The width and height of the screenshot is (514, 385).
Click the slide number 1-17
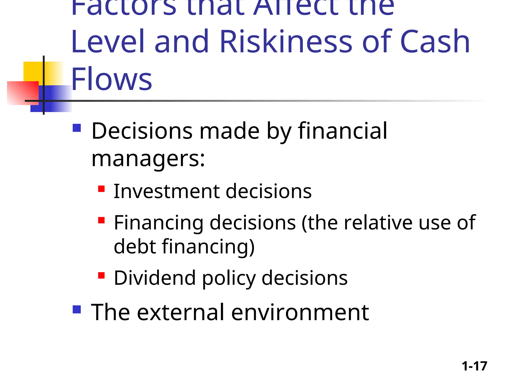click(x=474, y=366)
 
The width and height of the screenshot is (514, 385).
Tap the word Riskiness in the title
click(x=286, y=42)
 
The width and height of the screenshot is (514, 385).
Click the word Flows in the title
click(x=112, y=79)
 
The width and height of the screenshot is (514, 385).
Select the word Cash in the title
click(x=435, y=42)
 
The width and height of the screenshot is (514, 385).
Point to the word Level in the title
click(x=108, y=42)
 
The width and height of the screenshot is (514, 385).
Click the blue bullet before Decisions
click(x=77, y=128)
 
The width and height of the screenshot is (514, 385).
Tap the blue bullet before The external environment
click(x=77, y=310)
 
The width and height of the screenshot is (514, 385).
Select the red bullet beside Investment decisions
click(x=101, y=189)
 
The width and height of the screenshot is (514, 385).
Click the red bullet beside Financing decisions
click(x=101, y=220)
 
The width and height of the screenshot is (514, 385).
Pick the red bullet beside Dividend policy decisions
click(x=101, y=275)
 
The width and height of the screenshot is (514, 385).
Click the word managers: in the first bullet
click(x=148, y=159)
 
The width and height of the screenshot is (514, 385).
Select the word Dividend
click(x=155, y=278)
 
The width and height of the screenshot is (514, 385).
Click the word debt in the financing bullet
click(x=135, y=247)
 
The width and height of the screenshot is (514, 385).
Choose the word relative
click(x=378, y=223)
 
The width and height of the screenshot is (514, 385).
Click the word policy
click(x=229, y=278)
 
